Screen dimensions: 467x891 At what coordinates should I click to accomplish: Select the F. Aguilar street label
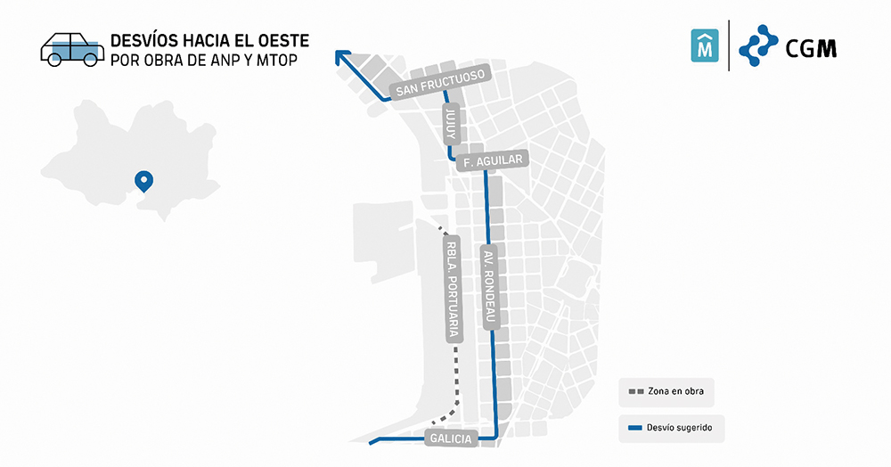coord(492,161)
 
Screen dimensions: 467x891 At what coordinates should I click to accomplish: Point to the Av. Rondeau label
coord(489,287)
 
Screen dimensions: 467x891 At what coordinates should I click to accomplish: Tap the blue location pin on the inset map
coord(143,181)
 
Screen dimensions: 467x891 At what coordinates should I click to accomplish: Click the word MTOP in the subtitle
coord(275,60)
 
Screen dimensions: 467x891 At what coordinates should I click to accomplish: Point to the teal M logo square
coord(705,45)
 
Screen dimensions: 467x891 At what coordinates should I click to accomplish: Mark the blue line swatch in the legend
coord(635,428)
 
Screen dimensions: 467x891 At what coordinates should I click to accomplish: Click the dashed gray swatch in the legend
coord(635,390)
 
